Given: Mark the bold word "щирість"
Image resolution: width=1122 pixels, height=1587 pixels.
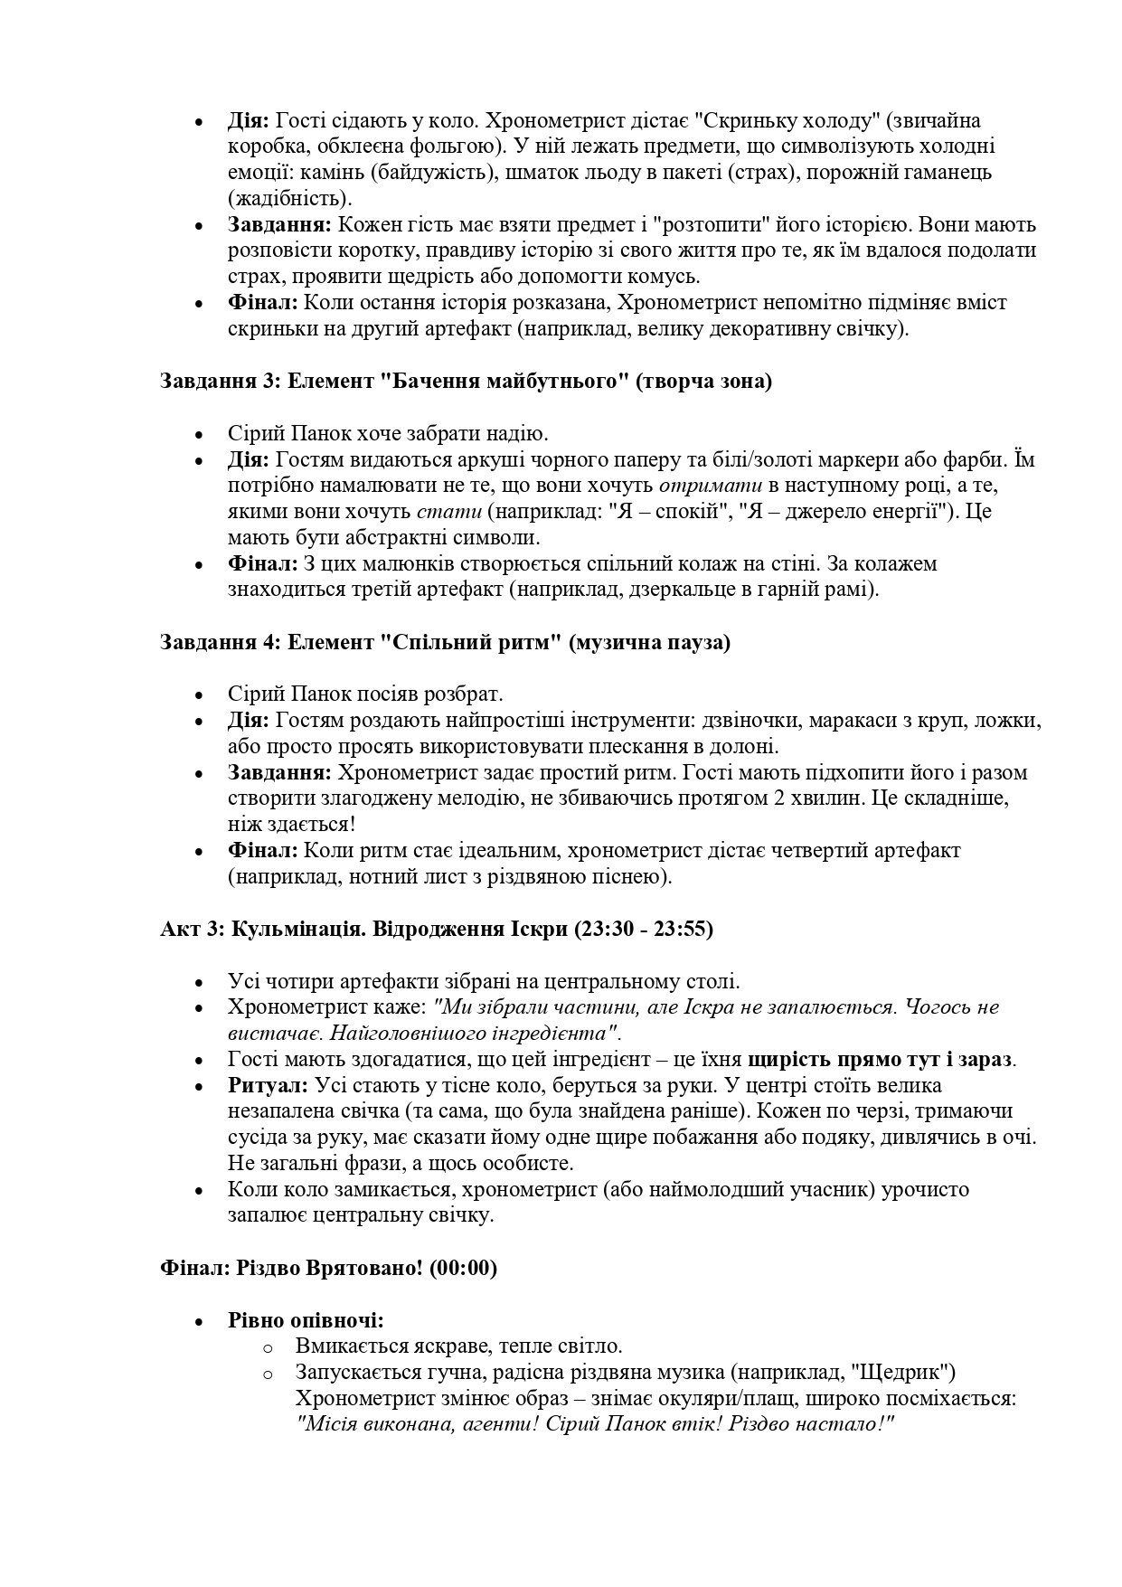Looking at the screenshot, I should [787, 1059].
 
